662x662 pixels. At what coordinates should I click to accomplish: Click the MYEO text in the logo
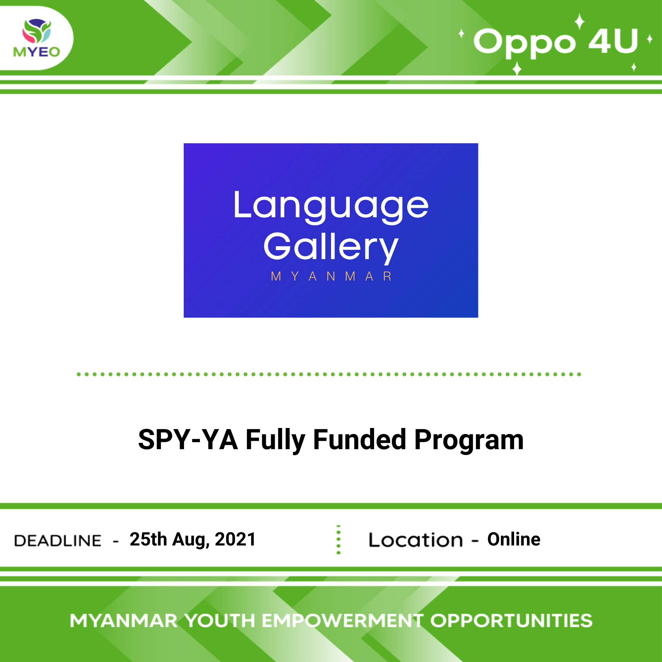click(37, 52)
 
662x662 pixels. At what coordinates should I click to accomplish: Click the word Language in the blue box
click(331, 206)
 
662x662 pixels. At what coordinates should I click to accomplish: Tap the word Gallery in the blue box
click(331, 247)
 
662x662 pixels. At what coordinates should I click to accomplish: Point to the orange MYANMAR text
click(331, 276)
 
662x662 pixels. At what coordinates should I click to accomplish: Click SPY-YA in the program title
click(188, 440)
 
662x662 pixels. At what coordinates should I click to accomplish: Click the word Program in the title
click(469, 440)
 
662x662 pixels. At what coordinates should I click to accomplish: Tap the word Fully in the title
click(275, 440)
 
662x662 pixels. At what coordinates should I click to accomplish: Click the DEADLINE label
click(58, 541)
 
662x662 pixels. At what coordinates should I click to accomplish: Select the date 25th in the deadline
click(148, 539)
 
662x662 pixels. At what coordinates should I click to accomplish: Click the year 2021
click(235, 539)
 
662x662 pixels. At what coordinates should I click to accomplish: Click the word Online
click(514, 539)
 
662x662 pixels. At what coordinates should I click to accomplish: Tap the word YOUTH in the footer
click(220, 621)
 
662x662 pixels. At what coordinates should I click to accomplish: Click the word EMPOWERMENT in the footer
click(342, 621)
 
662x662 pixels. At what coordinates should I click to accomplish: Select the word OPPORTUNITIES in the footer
click(511, 621)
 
